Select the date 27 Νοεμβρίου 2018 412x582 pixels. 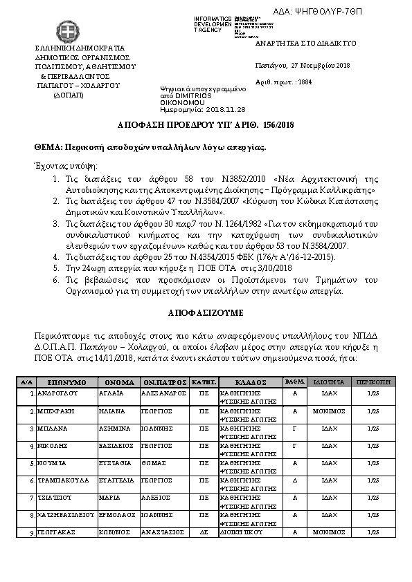(321, 65)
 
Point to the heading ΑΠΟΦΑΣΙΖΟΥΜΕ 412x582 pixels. (205, 312)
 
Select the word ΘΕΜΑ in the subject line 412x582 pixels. (48, 147)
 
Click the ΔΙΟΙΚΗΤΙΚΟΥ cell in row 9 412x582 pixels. (239, 532)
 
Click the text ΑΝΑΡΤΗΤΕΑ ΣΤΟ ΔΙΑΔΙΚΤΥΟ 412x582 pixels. (306, 43)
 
